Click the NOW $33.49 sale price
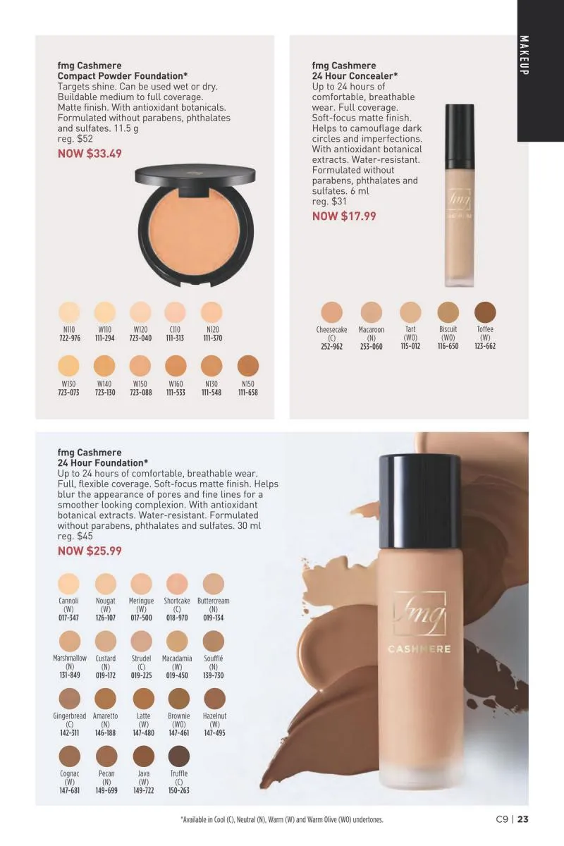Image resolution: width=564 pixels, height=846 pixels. click(x=90, y=154)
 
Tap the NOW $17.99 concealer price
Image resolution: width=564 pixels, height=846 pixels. click(x=344, y=216)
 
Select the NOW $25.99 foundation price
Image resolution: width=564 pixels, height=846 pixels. click(x=90, y=551)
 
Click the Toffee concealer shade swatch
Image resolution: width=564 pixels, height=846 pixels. click(x=485, y=312)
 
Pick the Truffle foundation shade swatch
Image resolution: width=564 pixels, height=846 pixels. click(x=178, y=756)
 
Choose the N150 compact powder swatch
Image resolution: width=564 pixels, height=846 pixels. click(x=248, y=366)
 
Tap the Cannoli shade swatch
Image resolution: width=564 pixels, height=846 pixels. click(x=69, y=584)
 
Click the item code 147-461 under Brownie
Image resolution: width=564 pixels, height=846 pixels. click(x=178, y=732)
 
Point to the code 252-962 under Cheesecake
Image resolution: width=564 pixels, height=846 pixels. click(x=331, y=346)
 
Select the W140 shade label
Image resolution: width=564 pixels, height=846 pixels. click(x=105, y=384)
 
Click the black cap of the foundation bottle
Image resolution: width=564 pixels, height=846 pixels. click(x=419, y=501)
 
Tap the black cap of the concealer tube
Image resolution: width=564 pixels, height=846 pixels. click(x=460, y=137)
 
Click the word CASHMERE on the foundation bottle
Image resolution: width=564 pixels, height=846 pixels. click(x=419, y=649)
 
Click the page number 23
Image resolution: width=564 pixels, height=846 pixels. click(x=523, y=819)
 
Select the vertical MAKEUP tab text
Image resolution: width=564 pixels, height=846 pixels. click(x=524, y=55)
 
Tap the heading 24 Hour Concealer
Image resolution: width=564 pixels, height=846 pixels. click(x=355, y=76)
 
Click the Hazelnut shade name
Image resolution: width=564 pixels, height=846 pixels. click(x=214, y=716)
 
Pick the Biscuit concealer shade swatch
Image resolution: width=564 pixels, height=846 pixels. click(x=448, y=312)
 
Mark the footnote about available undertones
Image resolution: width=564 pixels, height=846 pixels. click(x=282, y=819)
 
